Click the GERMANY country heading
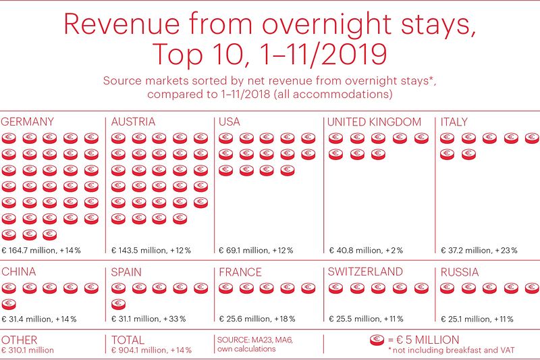coord(28,122)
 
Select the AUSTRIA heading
coord(134,122)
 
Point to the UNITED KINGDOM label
coord(374,122)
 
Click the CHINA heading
coord(19,272)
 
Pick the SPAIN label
coord(127,272)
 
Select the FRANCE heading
coord(240,272)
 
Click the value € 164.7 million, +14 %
coord(41,251)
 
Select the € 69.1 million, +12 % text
coord(256,251)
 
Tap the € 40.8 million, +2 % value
coord(366,251)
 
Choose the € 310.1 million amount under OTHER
coord(28,351)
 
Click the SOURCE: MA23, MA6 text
coord(246,340)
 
